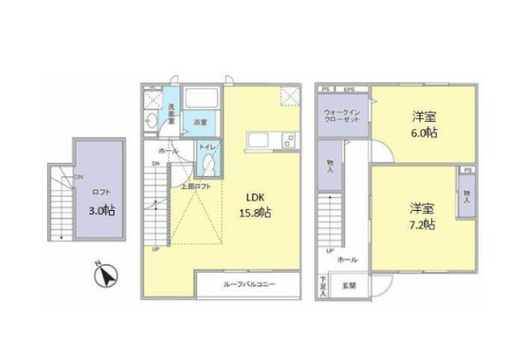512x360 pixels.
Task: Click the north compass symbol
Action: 105,277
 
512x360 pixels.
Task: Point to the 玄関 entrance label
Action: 349,285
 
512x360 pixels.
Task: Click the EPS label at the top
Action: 349,89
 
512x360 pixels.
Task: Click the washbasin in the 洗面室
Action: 152,121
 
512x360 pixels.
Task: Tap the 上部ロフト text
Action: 196,185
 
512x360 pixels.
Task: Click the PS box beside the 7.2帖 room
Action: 466,171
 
